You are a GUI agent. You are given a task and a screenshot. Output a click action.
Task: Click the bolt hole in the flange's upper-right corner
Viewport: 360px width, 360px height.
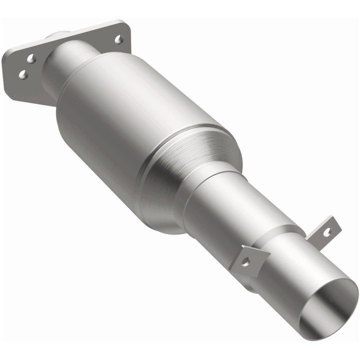click(118, 38)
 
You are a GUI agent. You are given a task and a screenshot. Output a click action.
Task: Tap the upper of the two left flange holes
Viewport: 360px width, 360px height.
click(31, 59)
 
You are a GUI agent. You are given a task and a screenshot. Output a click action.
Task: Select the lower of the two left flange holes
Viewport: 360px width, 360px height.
click(22, 74)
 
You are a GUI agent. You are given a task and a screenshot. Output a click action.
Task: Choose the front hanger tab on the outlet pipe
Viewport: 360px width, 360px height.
click(249, 258)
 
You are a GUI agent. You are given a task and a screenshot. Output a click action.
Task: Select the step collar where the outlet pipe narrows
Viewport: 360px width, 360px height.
click(280, 235)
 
